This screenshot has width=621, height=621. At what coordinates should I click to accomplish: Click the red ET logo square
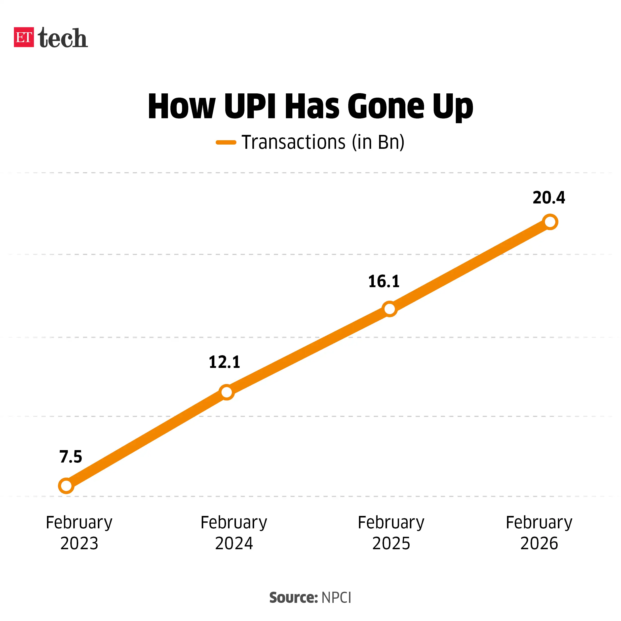[24, 37]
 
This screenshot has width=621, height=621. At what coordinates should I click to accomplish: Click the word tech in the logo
[63, 38]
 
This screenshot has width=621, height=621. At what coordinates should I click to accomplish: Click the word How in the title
[182, 106]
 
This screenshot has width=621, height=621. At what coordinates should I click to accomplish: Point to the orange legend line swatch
[226, 142]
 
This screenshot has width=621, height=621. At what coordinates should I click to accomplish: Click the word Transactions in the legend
[293, 142]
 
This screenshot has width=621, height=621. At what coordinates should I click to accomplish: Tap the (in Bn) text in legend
[378, 142]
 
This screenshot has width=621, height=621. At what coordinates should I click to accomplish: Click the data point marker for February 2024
[227, 392]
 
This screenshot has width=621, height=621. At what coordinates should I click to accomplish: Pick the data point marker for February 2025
[389, 309]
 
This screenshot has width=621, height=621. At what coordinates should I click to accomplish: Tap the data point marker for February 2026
[550, 222]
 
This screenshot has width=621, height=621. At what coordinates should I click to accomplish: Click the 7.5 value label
[71, 457]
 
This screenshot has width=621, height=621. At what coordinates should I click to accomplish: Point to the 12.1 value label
[224, 362]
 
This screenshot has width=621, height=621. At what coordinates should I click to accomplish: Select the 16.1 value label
[384, 282]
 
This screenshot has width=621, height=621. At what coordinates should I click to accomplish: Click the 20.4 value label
[549, 198]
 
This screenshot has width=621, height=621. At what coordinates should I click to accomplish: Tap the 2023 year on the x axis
[79, 543]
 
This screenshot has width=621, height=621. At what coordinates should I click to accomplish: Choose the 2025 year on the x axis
[391, 543]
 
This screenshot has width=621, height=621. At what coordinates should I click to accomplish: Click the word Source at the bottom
[293, 598]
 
